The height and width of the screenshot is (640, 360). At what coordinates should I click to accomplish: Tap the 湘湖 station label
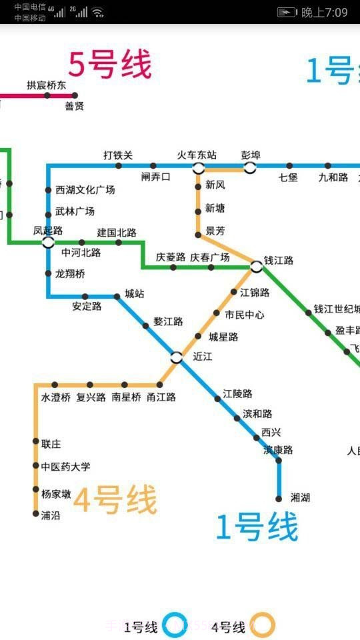[301, 497]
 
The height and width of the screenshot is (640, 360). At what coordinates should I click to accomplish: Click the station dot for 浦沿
[36, 514]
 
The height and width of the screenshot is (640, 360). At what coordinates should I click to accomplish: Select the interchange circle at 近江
[176, 357]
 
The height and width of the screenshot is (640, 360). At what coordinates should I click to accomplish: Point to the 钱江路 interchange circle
[257, 267]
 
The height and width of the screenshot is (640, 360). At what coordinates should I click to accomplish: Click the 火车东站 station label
[197, 155]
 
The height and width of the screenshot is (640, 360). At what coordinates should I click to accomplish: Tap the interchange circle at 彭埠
[250, 167]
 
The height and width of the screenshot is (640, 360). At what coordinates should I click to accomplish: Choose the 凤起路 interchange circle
[48, 242]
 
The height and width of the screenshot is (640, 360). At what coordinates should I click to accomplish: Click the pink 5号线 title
[110, 65]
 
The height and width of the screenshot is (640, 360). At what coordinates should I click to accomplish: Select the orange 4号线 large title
[115, 500]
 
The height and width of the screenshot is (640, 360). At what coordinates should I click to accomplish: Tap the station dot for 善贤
[75, 95]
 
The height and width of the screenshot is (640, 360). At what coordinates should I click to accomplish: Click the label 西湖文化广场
[85, 190]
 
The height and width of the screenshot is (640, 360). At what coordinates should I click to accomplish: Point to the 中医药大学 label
[65, 467]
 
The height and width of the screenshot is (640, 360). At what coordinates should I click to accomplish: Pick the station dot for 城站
[117, 296]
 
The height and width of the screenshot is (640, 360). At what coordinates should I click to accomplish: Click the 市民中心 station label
[244, 315]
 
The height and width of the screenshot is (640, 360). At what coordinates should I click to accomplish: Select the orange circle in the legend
[263, 625]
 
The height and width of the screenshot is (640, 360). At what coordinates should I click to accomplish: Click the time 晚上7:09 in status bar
[325, 12]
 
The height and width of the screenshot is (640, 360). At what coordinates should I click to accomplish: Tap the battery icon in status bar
[287, 12]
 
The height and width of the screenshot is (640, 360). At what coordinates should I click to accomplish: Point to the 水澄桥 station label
[55, 397]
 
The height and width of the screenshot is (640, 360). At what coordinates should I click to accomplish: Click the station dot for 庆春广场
[211, 267]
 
